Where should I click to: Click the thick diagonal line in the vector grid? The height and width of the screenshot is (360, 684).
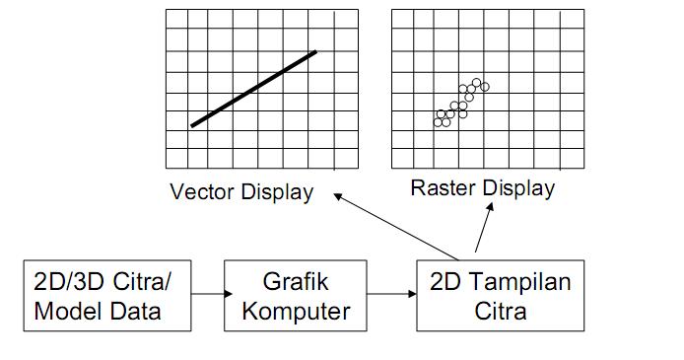pos(253,89)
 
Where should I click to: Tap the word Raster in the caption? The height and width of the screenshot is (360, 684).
pos(441,187)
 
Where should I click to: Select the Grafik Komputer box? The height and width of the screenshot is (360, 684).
pos(296,295)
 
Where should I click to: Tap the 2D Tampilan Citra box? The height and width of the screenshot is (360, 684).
pos(500,295)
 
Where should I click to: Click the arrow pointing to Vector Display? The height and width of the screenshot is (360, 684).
pos(394,226)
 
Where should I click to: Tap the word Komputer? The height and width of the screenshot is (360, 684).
pos(296,312)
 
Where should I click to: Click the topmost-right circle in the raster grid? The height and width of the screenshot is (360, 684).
pos(484,87)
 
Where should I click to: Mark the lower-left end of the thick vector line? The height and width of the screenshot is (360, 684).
pos(193,125)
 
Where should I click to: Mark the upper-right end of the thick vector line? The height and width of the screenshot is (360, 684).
pos(314,51)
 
